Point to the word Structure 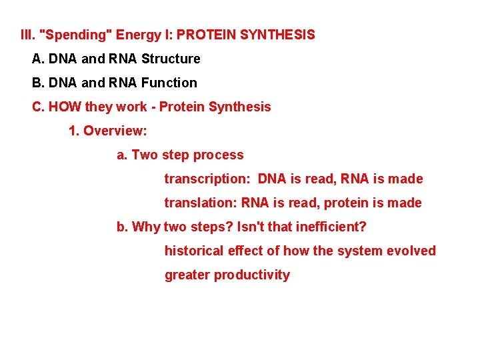pyautogui.click(x=171, y=59)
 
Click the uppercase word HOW pyautogui.click(x=63, y=107)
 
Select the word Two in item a pyautogui.click(x=145, y=155)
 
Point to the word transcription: pyautogui.click(x=206, y=179)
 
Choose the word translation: pyautogui.click(x=201, y=203)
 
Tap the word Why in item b pyautogui.click(x=146, y=227)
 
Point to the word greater pyautogui.click(x=187, y=275)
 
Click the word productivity pyautogui.click(x=252, y=275)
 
